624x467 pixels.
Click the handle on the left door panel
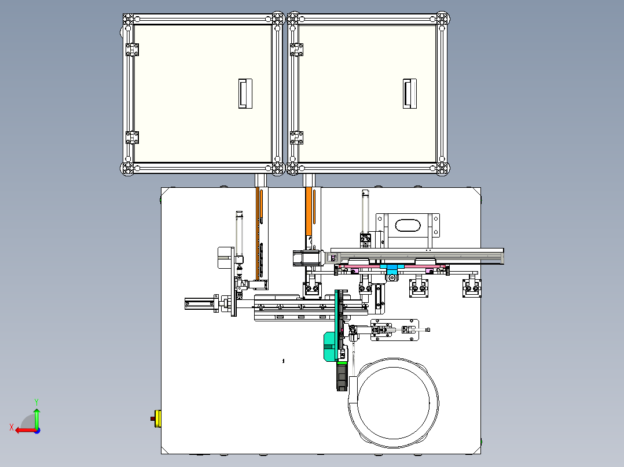pos(245,94)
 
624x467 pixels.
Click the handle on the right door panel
pos(409,94)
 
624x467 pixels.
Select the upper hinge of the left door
pos(132,50)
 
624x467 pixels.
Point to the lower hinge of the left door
pos(132,138)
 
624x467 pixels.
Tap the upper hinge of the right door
pos(296,50)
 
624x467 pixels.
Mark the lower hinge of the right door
pos(296,138)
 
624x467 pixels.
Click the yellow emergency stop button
pos(157,418)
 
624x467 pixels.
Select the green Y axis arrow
pos(36,418)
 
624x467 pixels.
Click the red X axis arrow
pos(26,431)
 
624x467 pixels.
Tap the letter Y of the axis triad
pos(36,402)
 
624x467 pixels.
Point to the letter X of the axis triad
pos(12,427)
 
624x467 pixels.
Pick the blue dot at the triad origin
pos(37,431)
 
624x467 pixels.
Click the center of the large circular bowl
pos(394,403)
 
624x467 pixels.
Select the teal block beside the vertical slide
pos(329,347)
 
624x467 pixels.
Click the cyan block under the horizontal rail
pos(392,269)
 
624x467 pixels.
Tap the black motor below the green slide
pos(342,377)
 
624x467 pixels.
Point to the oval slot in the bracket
pos(408,225)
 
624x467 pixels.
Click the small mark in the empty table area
pos(284,361)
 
